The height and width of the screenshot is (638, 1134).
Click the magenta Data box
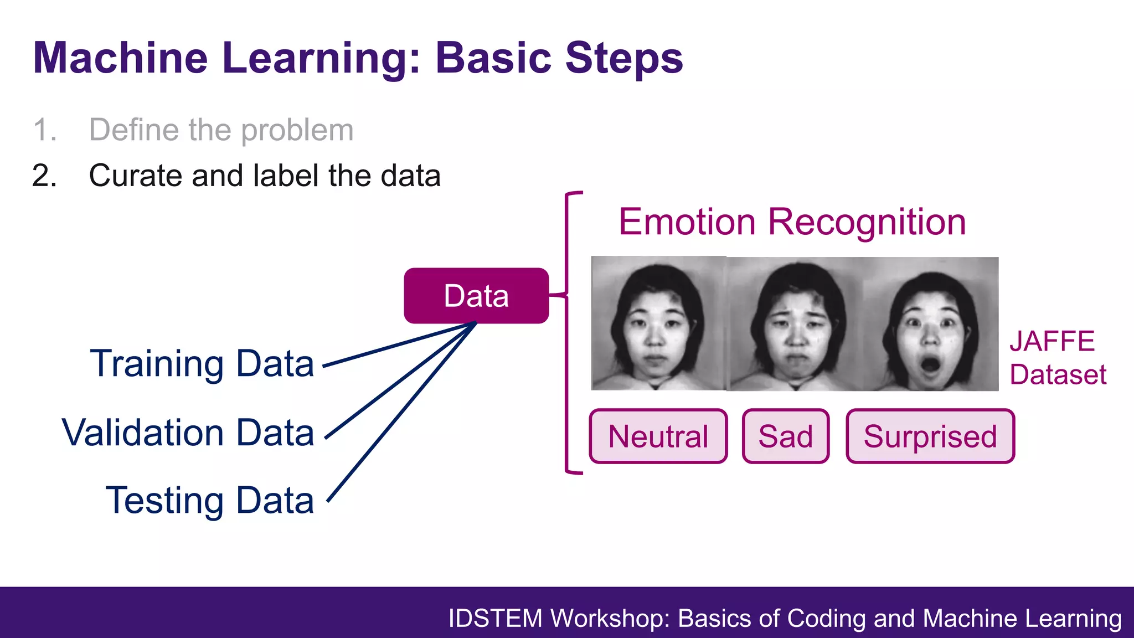476,296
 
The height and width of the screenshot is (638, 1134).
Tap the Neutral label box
658,436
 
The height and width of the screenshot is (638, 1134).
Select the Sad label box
785,436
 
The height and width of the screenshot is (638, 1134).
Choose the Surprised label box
930,436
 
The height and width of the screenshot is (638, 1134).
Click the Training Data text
202,364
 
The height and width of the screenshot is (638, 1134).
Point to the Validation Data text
188,433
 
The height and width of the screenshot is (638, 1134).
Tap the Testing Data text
210,501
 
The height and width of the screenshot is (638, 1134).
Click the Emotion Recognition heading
792,222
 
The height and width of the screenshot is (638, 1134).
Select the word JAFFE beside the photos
1052,341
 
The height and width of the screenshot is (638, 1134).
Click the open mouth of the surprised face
930,365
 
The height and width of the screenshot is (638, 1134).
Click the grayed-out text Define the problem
221,130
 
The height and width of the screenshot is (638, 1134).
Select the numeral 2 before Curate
44,176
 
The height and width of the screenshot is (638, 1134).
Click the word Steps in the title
624,58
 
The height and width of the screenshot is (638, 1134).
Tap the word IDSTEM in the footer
495,619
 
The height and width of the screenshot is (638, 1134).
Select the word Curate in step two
135,176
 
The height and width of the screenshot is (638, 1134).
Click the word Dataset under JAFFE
1058,375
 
